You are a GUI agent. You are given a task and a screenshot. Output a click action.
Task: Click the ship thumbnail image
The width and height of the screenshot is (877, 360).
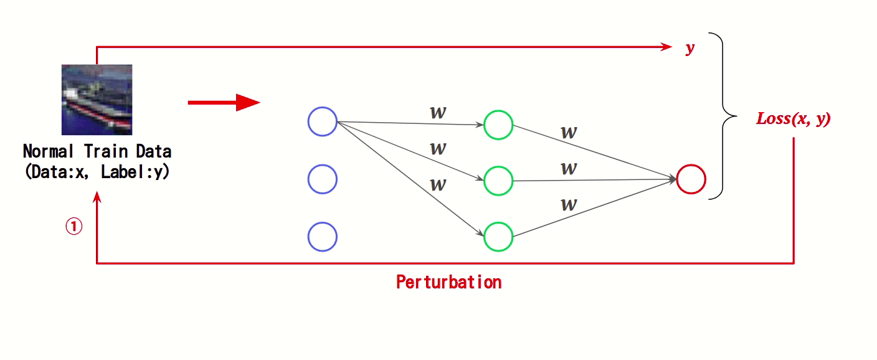[97, 100]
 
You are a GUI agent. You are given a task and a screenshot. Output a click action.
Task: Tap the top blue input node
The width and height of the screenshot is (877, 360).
[323, 121]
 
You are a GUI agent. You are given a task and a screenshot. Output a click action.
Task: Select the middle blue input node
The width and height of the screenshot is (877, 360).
[323, 179]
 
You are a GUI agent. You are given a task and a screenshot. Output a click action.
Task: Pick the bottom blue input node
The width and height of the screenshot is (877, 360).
[323, 237]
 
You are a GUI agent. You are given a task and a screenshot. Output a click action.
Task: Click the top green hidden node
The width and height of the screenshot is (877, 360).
[498, 125]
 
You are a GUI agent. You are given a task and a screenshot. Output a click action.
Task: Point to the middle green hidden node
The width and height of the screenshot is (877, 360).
[498, 181]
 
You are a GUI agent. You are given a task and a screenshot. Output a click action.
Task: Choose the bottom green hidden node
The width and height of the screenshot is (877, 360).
[498, 237]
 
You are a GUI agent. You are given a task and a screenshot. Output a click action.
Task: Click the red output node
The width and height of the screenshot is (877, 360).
[691, 179]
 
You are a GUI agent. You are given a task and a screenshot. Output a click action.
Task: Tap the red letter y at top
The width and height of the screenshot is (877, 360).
[690, 49]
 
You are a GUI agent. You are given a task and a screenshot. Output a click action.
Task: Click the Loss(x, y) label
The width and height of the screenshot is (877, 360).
[793, 119]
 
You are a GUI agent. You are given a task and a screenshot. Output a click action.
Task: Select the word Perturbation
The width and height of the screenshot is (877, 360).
[448, 282]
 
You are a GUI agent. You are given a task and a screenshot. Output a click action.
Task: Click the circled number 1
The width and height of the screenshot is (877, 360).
[73, 227]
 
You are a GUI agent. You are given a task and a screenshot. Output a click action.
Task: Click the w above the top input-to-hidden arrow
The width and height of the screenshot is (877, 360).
[438, 112]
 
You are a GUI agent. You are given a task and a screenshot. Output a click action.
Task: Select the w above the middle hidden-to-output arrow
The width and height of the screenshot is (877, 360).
[568, 168]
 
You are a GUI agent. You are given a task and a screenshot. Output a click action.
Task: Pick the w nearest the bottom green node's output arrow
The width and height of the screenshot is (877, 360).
[568, 204]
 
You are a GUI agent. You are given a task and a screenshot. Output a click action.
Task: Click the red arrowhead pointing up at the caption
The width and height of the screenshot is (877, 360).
[97, 197]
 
